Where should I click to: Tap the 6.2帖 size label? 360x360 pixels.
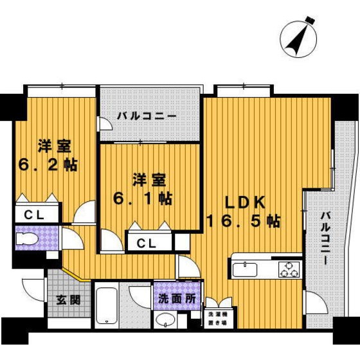tap(48, 164)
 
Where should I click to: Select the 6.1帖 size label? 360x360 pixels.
tap(143, 198)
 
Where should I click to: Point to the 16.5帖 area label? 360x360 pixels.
tap(243, 221)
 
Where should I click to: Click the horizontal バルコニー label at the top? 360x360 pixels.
tap(147, 116)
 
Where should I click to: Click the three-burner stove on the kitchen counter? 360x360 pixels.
tap(289, 269)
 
